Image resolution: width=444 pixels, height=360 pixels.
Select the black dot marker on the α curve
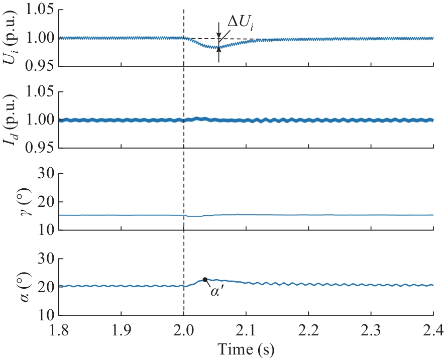[205, 279]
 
